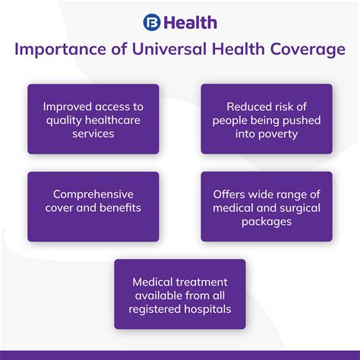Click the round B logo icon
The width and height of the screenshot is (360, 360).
(x=152, y=22)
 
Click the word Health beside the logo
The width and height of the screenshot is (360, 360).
(x=191, y=23)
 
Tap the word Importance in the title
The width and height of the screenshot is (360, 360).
(x=60, y=49)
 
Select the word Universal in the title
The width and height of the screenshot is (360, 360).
(x=169, y=49)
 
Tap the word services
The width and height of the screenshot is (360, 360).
(x=93, y=134)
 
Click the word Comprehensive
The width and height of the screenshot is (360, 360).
(x=93, y=195)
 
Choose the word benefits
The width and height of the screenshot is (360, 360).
(x=120, y=208)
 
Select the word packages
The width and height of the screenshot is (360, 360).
(x=267, y=222)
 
